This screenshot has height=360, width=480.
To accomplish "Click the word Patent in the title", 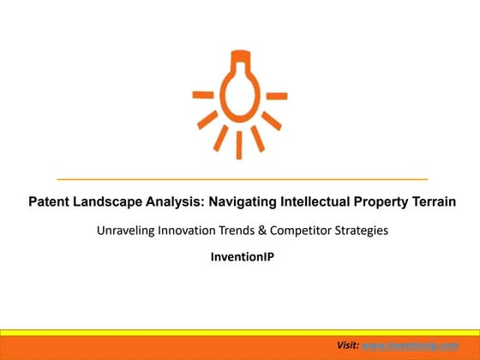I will point(48,202).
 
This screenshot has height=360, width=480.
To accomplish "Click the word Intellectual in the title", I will point(314,202).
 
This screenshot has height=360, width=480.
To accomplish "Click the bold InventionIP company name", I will point(240,255).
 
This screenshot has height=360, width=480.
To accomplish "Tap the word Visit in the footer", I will point(347,345).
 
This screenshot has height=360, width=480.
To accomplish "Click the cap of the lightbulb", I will point(240,57).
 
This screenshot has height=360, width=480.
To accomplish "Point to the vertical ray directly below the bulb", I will point(240,143).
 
